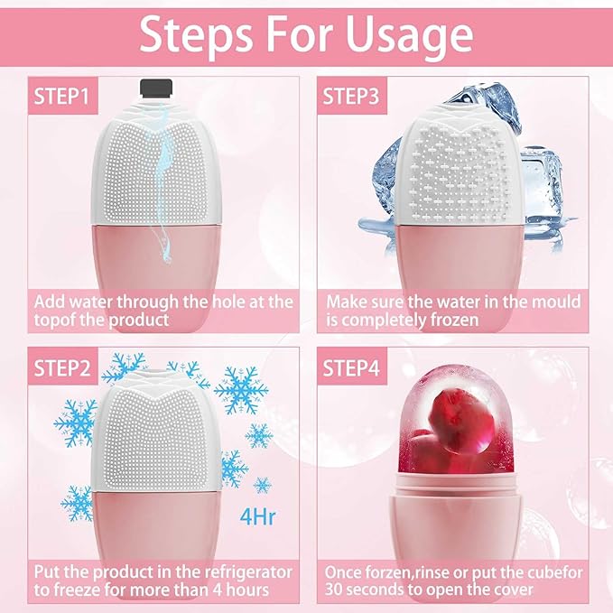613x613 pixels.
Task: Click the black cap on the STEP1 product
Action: [156, 88]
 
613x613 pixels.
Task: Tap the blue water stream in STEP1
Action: [165, 181]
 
